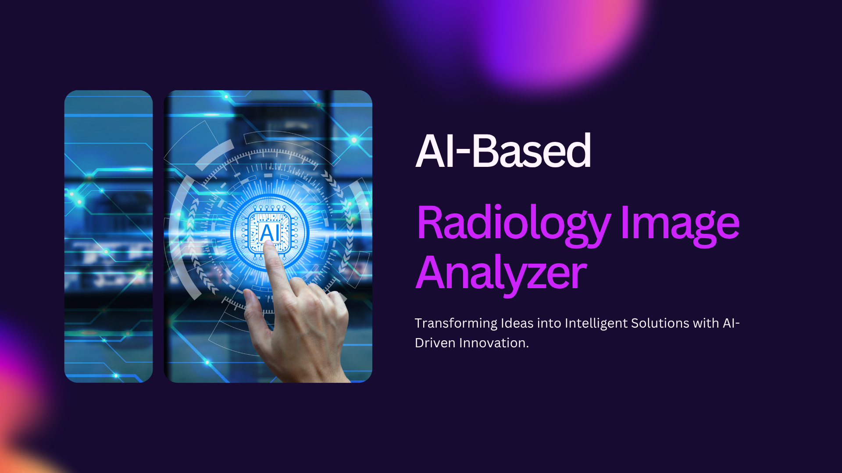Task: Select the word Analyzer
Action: tap(501, 274)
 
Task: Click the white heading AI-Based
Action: tap(503, 151)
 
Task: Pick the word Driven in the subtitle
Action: tap(435, 343)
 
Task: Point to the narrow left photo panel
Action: tap(108, 236)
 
